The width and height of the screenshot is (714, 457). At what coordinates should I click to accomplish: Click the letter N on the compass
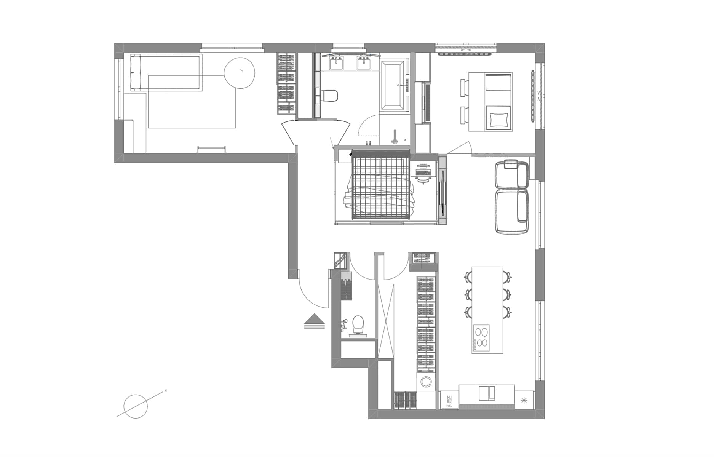pyautogui.click(x=166, y=391)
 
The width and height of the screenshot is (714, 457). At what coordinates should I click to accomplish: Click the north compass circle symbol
pyautogui.click(x=136, y=406)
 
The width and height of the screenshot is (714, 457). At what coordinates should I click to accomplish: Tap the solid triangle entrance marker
pyautogui.click(x=315, y=318)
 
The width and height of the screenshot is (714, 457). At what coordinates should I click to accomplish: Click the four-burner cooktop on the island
pyautogui.click(x=481, y=337)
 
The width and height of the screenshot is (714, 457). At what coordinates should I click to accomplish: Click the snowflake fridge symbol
pyautogui.click(x=524, y=400)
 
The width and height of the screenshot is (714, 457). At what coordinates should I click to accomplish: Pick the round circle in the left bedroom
pyautogui.click(x=239, y=73)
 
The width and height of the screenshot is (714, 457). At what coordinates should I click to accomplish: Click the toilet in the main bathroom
pyautogui.click(x=330, y=95)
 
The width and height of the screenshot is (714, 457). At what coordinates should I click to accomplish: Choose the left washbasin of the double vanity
pyautogui.click(x=336, y=63)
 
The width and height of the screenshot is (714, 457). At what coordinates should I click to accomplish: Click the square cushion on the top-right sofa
pyautogui.click(x=498, y=119)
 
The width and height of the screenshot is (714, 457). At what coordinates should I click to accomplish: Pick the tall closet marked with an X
pyautogui.click(x=386, y=321)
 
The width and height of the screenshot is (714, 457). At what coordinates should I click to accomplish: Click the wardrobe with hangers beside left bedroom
pyautogui.click(x=286, y=83)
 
